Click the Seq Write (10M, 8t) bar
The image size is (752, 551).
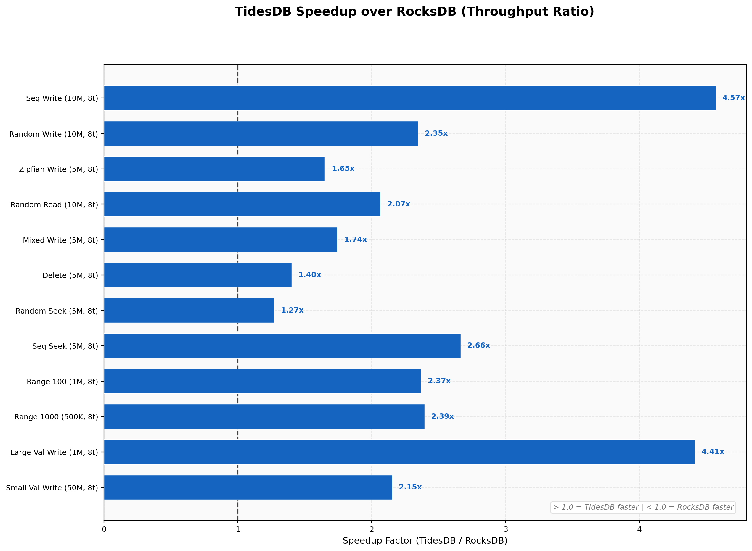[409, 98]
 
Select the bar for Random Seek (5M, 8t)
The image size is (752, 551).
[189, 311]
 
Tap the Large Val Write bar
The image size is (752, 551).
[399, 452]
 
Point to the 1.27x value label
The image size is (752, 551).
[292, 311]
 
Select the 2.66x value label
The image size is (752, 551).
[478, 345]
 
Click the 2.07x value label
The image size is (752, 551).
[399, 204]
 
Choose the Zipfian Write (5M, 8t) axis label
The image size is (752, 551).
[58, 169]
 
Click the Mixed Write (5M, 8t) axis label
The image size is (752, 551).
[60, 240]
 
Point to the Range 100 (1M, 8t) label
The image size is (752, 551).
[62, 382]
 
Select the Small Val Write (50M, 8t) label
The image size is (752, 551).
[52, 488]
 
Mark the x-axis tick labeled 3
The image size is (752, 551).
[506, 530]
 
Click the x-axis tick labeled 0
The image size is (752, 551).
[104, 530]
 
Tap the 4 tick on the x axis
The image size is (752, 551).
[639, 530]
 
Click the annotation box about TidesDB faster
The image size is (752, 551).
[643, 507]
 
